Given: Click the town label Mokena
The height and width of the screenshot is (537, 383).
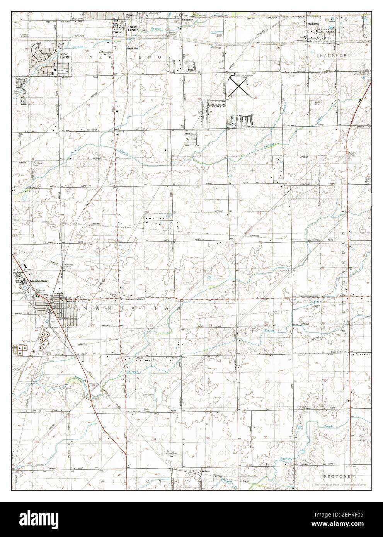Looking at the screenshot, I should pos(313,24).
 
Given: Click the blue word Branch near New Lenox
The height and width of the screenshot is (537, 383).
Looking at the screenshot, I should pos(156,29).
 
